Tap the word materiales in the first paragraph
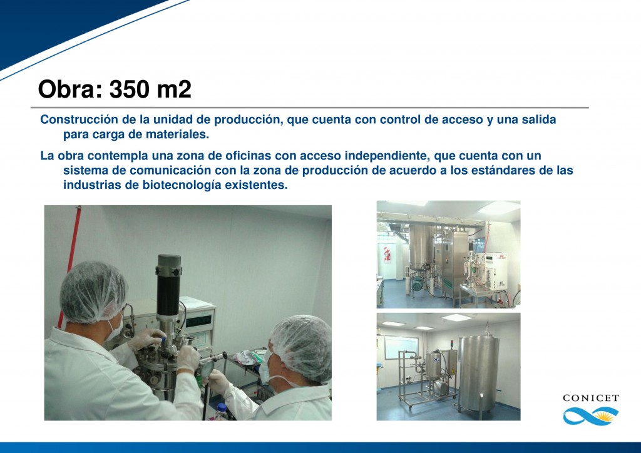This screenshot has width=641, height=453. click(180, 135)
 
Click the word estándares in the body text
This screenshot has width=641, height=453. click(490, 170)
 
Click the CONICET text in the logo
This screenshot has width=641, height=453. click(590, 398)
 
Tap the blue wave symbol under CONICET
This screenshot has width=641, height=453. click(590, 415)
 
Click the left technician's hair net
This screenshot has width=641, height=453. click(94, 290)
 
